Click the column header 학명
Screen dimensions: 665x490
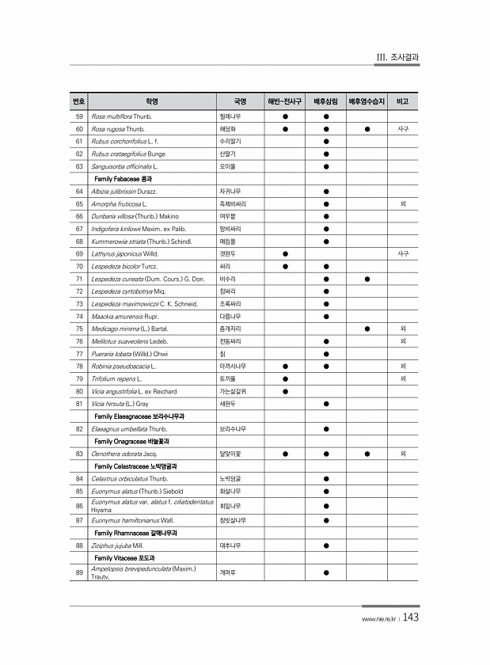click(x=152, y=102)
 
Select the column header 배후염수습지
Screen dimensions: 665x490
click(x=367, y=102)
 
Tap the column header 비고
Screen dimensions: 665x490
click(x=403, y=102)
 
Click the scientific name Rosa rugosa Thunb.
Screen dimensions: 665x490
click(x=118, y=128)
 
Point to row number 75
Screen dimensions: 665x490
click(x=79, y=328)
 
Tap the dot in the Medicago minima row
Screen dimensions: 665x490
click(x=367, y=328)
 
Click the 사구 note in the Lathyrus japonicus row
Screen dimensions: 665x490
click(x=403, y=253)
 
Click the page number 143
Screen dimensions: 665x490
click(x=411, y=618)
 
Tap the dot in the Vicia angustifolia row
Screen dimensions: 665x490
click(x=285, y=391)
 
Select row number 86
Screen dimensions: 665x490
click(x=79, y=505)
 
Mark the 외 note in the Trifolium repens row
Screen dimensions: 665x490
click(x=403, y=378)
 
